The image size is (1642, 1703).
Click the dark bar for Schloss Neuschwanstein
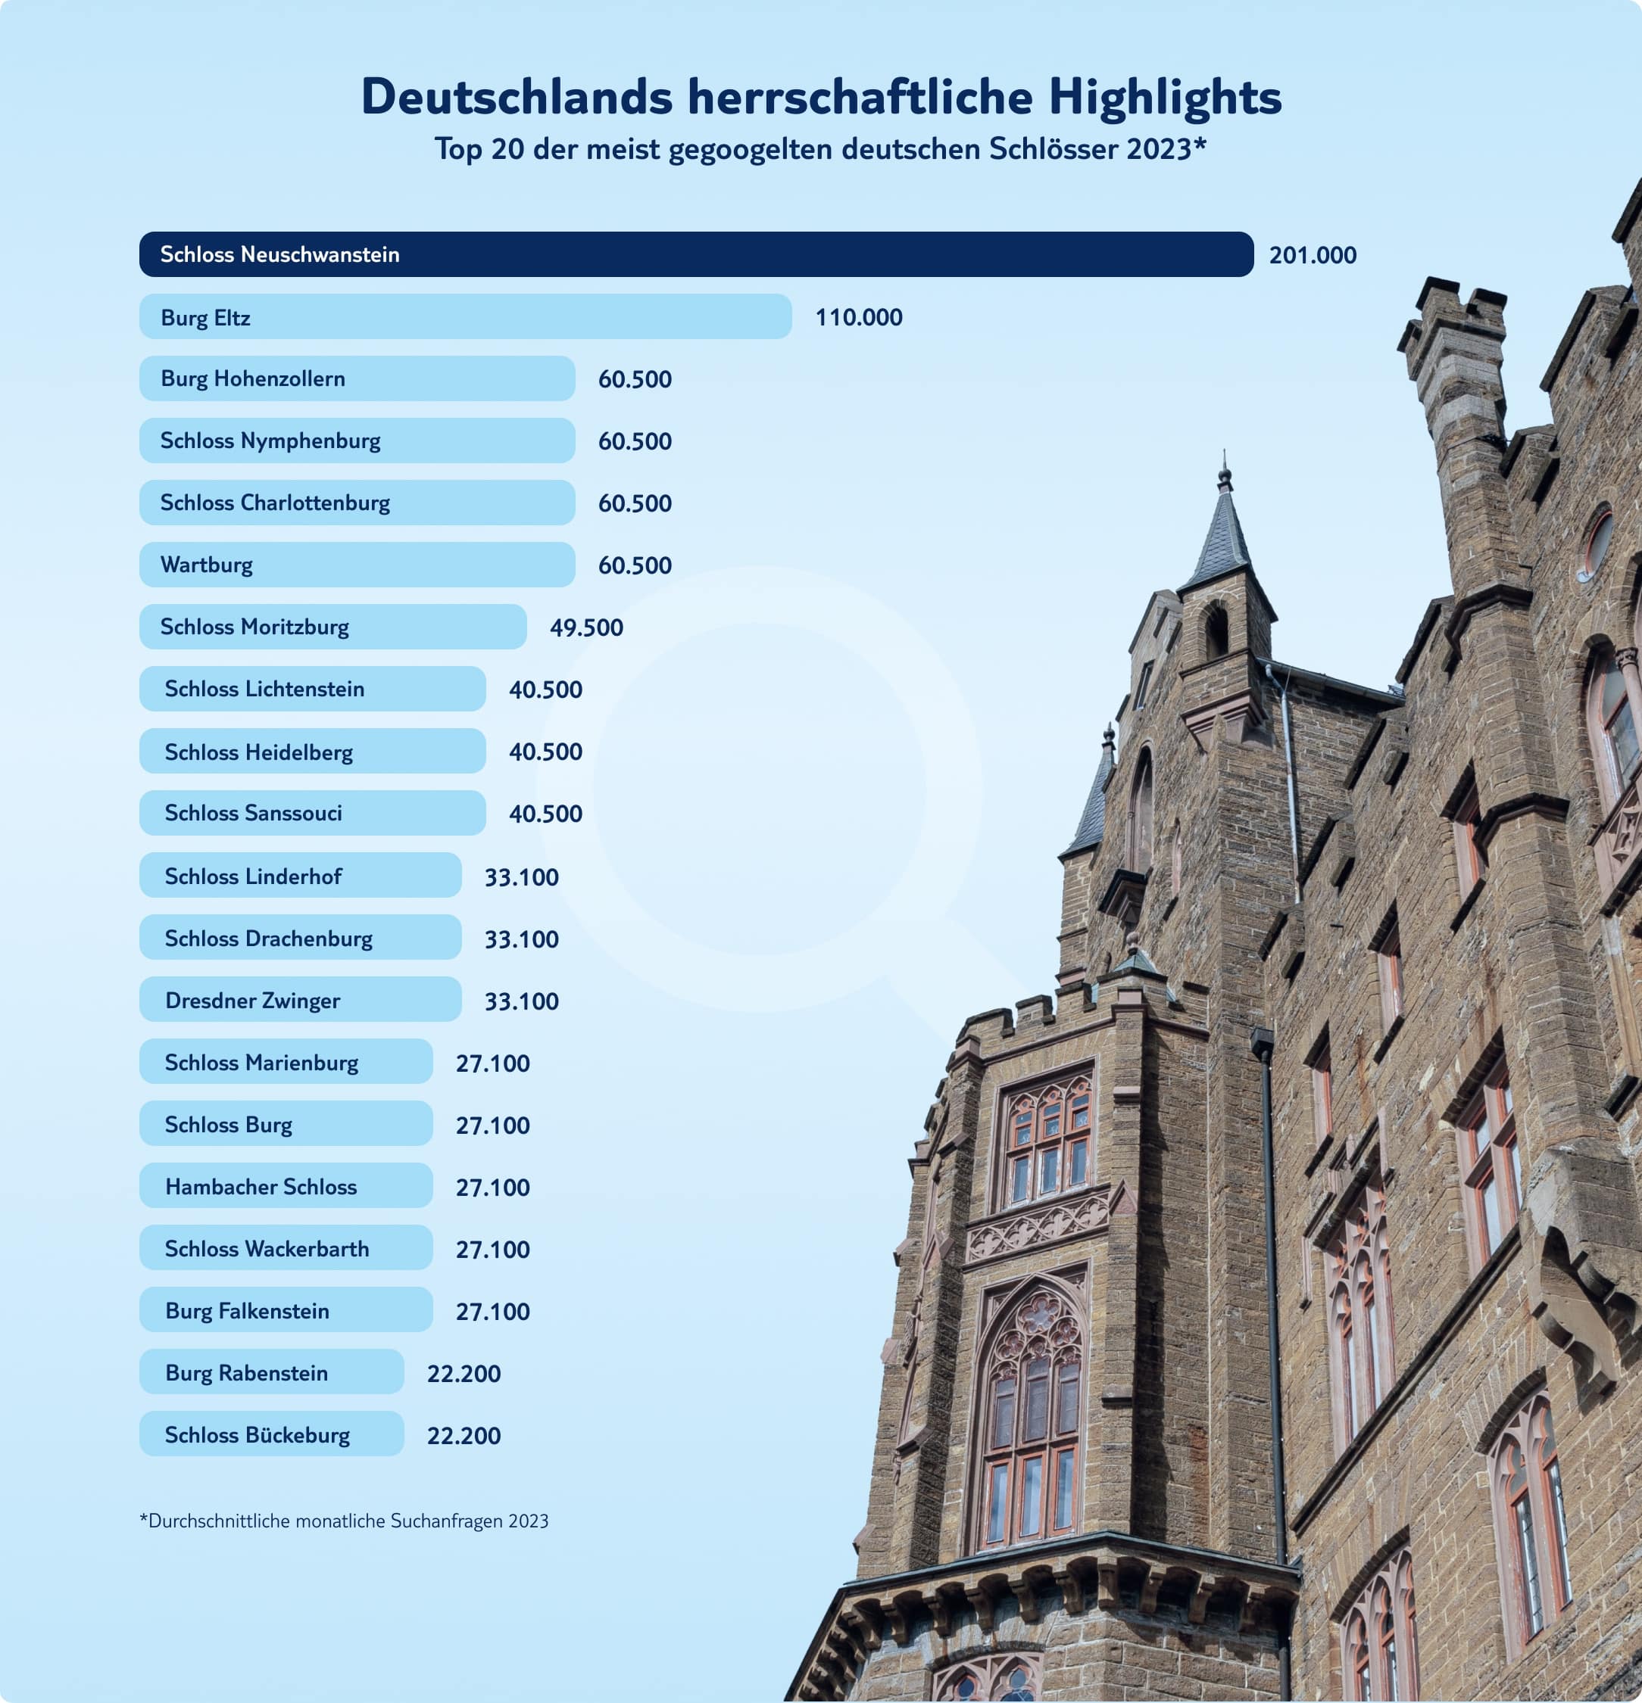[x=695, y=254]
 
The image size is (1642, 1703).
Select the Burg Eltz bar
[x=465, y=317]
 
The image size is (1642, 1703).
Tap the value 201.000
[x=1312, y=256]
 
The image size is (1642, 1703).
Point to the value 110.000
[x=858, y=317]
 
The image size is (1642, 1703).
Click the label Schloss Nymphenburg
[x=270, y=441]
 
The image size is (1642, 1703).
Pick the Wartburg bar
[x=357, y=565]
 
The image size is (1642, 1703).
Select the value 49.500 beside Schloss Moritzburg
[x=586, y=627]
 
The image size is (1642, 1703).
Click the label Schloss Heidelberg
[x=258, y=752]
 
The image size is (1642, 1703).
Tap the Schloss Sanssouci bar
[x=312, y=813]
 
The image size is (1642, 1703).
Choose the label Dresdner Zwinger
[x=252, y=1001]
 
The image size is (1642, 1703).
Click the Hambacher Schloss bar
[x=285, y=1186]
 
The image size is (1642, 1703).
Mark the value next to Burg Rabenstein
[x=464, y=1374]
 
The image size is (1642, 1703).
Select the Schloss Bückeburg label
[x=258, y=1435]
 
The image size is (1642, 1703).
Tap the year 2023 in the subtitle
[x=1158, y=149]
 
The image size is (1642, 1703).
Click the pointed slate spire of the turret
[x=1223, y=530]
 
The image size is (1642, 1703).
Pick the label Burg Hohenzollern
[x=253, y=379]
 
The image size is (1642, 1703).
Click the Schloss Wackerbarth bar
[x=285, y=1249]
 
